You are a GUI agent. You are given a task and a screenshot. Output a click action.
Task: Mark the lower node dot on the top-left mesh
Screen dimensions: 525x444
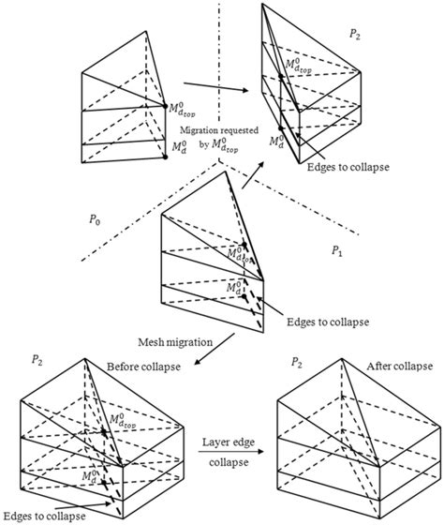[x=165, y=157]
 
